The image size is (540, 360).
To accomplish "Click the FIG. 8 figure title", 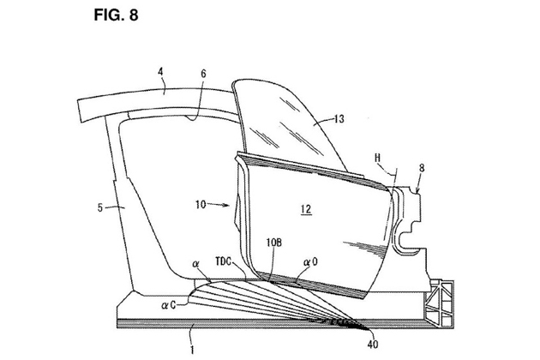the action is pyautogui.click(x=116, y=15).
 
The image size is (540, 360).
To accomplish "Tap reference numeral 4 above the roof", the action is pyautogui.click(x=160, y=72).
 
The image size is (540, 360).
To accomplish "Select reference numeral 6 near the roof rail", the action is pyautogui.click(x=203, y=74).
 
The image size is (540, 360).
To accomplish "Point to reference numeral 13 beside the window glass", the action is pyautogui.click(x=339, y=119).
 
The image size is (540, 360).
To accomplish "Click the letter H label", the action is pyautogui.click(x=378, y=158).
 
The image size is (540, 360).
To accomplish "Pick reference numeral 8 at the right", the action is pyautogui.click(x=422, y=168).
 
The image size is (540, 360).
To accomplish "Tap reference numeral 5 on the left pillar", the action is pyautogui.click(x=100, y=207).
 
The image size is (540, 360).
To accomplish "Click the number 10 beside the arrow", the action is pyautogui.click(x=201, y=205).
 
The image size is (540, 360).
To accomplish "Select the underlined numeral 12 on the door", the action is pyautogui.click(x=306, y=209).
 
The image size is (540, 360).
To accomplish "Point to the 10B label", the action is pyautogui.click(x=273, y=243).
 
